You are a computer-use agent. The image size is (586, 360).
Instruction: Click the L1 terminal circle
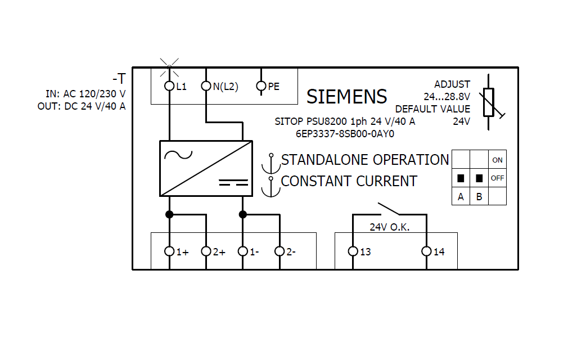(169, 86)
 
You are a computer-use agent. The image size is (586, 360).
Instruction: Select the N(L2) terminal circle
(206, 86)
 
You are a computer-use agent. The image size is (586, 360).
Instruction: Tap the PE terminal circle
(261, 86)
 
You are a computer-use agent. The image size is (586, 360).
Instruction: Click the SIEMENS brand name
(346, 97)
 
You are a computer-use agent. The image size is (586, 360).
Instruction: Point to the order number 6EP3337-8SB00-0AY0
(345, 134)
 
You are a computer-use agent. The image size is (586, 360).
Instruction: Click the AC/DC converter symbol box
(206, 168)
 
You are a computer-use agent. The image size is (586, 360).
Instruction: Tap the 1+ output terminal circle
(169, 251)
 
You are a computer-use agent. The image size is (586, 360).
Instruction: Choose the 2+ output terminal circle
(206, 251)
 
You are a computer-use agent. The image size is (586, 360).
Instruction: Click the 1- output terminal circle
(243, 251)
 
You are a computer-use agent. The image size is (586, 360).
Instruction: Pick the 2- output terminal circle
(280, 251)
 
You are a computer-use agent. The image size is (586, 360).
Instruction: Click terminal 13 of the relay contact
(353, 251)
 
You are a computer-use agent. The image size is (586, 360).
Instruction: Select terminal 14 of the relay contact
(426, 251)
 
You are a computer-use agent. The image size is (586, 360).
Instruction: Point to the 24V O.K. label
(389, 228)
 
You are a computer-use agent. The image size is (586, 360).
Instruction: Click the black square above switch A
(461, 178)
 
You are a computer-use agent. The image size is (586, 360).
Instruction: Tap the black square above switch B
(479, 178)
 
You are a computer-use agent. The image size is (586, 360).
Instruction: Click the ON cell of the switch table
(497, 160)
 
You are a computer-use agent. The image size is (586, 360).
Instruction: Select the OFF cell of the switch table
(497, 178)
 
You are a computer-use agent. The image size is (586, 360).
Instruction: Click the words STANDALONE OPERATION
(365, 160)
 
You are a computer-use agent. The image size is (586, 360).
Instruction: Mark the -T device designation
(119, 79)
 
